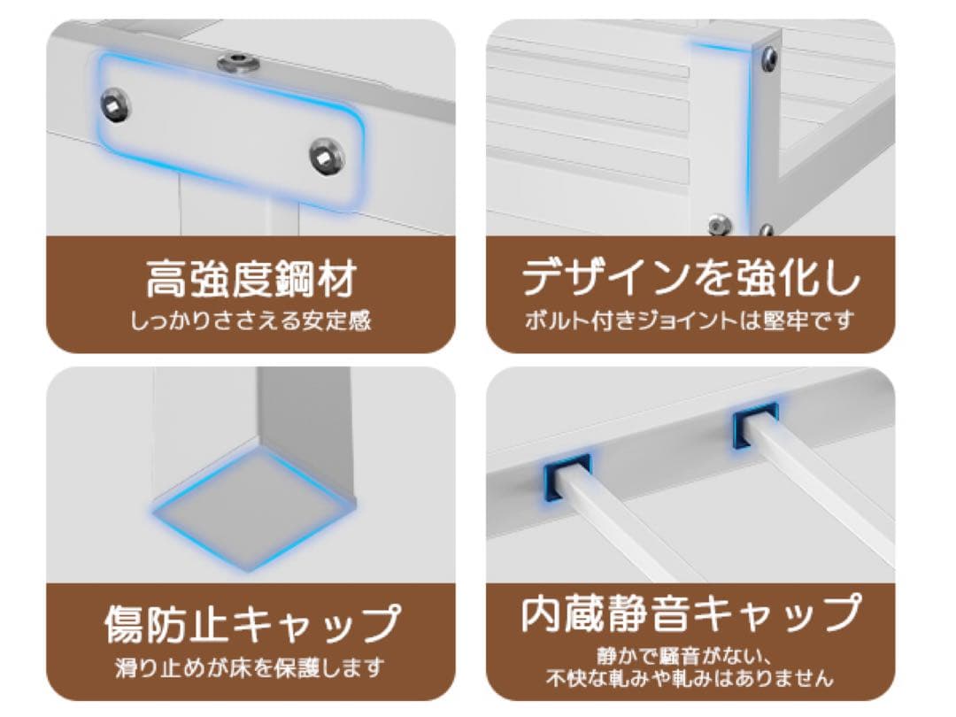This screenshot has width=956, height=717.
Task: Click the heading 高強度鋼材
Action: point(251,279)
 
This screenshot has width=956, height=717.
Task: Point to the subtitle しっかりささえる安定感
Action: point(251,320)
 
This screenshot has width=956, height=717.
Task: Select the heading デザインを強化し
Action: point(690,278)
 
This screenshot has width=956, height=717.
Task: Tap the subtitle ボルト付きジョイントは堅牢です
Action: point(690,320)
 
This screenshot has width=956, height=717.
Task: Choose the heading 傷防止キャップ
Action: point(251,624)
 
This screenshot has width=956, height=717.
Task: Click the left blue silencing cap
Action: point(567,477)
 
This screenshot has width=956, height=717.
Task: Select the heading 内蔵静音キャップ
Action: point(690,613)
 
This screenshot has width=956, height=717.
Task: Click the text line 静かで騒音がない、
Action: point(690,657)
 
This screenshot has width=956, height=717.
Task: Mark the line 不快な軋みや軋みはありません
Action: point(690,679)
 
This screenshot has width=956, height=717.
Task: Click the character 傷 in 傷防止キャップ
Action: point(125,624)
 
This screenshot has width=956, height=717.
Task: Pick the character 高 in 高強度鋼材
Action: point(166,279)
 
